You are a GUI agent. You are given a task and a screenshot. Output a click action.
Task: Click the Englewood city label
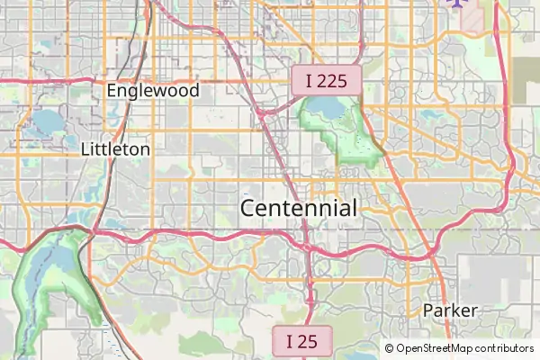coord(152,91)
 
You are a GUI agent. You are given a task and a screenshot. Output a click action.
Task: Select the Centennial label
coord(299,208)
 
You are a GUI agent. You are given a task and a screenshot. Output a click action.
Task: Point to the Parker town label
coord(450,310)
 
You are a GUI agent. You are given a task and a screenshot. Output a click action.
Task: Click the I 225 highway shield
coord(326,81)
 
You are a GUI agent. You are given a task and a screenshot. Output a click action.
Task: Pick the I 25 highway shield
coord(301,341)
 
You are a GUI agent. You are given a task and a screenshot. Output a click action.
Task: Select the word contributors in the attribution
coord(505,348)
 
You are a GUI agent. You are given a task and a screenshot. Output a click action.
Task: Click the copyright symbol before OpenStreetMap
coord(390,348)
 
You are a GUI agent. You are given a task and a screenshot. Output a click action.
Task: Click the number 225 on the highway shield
coord(333,81)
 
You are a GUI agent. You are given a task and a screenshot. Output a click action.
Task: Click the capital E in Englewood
coord(112,91)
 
